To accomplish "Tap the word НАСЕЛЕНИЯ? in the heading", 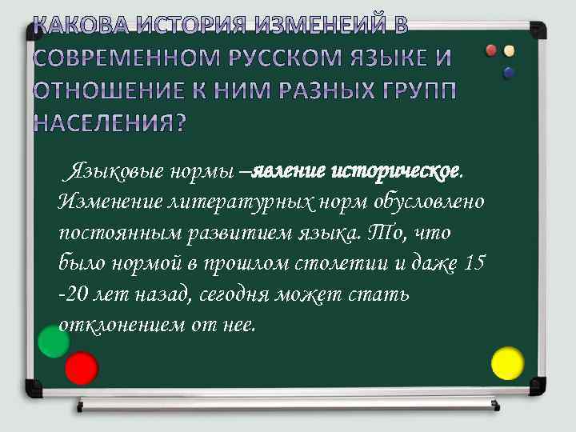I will [110, 123].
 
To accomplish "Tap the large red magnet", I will [82, 369].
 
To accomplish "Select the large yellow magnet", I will [506, 363].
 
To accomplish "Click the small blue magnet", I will [507, 73].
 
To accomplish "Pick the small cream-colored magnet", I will [509, 51].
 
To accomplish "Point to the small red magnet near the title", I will [491, 50].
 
